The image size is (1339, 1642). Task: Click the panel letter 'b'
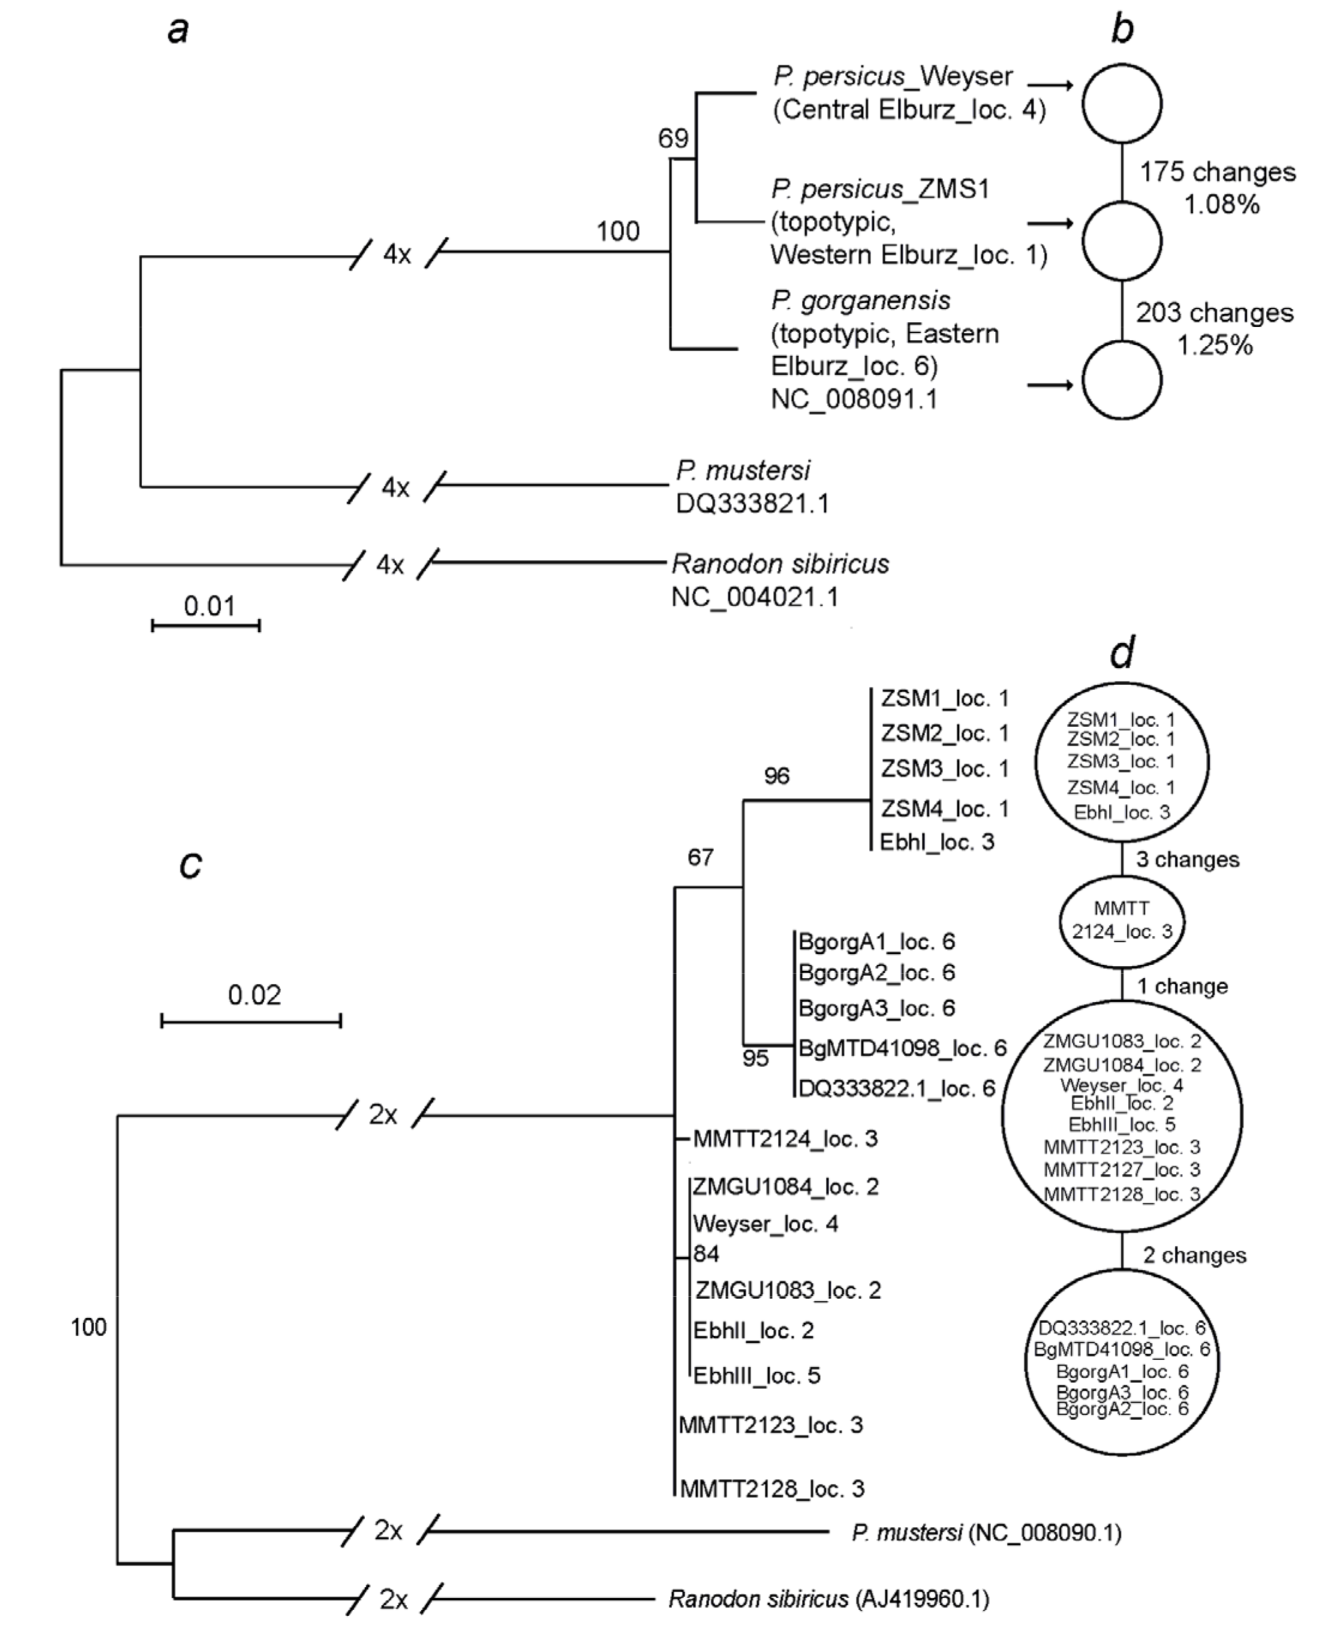pyautogui.click(x=1123, y=29)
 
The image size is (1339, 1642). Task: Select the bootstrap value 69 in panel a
pyautogui.click(x=673, y=139)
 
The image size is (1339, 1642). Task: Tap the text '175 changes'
pyautogui.click(x=1218, y=172)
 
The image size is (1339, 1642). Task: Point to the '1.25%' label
pyautogui.click(x=1214, y=345)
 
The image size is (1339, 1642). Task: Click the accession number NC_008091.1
pyautogui.click(x=854, y=399)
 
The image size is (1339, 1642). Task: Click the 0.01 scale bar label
pyautogui.click(x=209, y=606)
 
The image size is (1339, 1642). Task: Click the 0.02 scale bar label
pyautogui.click(x=254, y=995)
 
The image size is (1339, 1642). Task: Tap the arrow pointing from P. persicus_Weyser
pyautogui.click(x=1051, y=86)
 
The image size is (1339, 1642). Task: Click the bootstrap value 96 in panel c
pyautogui.click(x=777, y=776)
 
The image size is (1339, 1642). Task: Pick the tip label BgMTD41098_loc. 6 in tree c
pyautogui.click(x=902, y=1048)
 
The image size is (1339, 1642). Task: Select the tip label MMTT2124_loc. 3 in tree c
pyautogui.click(x=785, y=1138)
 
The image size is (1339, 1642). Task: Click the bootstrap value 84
pyautogui.click(x=706, y=1254)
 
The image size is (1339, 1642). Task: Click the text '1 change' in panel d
pyautogui.click(x=1182, y=986)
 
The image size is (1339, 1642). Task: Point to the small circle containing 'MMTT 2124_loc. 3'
pyautogui.click(x=1121, y=921)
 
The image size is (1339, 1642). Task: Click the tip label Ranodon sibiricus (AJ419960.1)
pyautogui.click(x=828, y=1599)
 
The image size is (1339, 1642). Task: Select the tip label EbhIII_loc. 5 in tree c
pyautogui.click(x=756, y=1375)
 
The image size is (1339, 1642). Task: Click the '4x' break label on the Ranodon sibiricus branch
pyautogui.click(x=390, y=565)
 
